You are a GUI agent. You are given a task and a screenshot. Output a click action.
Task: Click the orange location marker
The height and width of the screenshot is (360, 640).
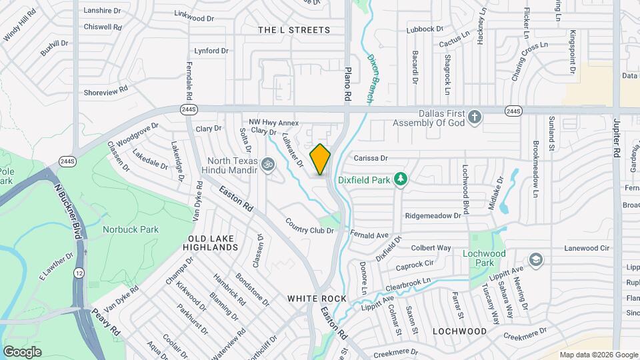point(320,159)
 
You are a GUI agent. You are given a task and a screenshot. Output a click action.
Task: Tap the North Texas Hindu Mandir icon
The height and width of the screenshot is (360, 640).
point(268,162)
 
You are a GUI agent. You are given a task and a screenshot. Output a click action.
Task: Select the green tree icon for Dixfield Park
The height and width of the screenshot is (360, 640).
point(400,179)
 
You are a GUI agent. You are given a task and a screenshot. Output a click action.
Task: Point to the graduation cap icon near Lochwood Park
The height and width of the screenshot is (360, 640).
point(535,259)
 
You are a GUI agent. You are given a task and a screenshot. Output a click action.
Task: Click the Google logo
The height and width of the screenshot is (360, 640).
point(22,351)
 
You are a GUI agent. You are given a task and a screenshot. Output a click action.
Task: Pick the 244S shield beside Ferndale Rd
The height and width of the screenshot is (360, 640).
point(189,109)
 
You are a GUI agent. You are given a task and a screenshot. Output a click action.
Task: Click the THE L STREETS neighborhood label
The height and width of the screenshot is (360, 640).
point(294,30)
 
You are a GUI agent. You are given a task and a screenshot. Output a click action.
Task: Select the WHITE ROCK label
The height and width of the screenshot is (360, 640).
point(317,299)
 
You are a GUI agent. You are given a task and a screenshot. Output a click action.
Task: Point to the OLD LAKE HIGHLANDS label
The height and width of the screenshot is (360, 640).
point(213,243)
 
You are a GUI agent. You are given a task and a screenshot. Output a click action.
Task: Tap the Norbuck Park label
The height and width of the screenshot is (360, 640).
point(131,229)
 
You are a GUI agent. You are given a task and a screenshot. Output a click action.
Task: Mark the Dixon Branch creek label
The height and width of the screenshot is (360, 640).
point(371,79)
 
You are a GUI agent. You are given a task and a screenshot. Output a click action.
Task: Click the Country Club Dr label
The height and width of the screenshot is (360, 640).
point(309,226)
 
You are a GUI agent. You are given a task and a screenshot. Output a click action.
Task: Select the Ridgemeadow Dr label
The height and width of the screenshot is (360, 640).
point(433,215)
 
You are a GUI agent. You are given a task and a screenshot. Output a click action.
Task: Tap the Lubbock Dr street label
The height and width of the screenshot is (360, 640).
point(425,29)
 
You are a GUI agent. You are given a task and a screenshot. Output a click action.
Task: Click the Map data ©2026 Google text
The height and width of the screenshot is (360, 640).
point(598,355)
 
